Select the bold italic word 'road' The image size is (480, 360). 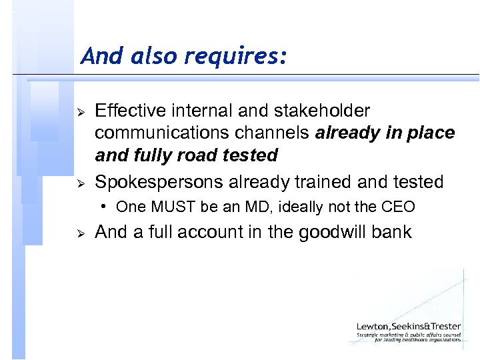[207, 155]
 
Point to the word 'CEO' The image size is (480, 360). [397, 207]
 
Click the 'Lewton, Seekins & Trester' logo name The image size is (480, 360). [408, 327]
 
